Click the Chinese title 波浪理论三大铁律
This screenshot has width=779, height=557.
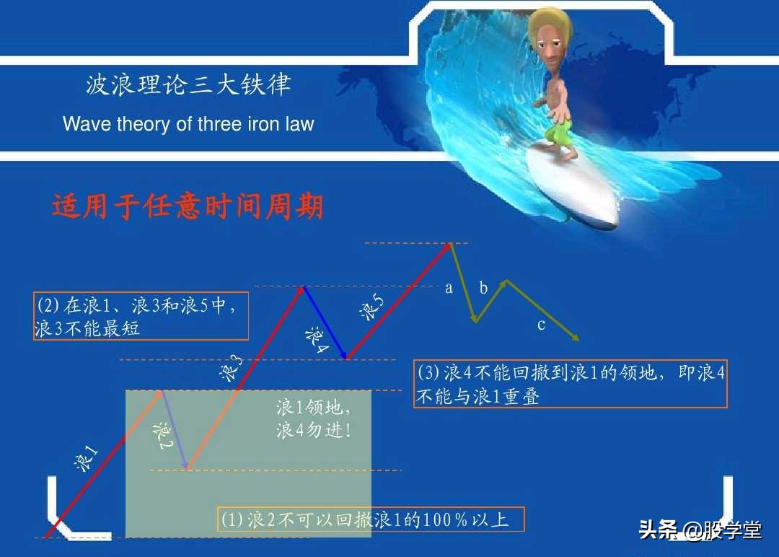[x=188, y=86]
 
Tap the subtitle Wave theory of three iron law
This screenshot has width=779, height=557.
[x=188, y=124]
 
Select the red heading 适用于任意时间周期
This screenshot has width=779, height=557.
[x=188, y=207]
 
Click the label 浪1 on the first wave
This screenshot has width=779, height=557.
[x=87, y=459]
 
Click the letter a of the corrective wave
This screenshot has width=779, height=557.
[x=449, y=289]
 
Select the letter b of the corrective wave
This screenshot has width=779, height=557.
[x=483, y=289]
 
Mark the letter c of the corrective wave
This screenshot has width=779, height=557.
[x=541, y=325]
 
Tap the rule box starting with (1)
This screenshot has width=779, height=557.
[x=371, y=519]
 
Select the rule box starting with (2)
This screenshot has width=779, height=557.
[x=141, y=316]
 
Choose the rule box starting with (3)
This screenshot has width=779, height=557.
[x=570, y=384]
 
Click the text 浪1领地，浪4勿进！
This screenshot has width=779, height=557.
[x=314, y=419]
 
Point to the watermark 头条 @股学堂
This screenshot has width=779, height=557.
[x=700, y=531]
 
